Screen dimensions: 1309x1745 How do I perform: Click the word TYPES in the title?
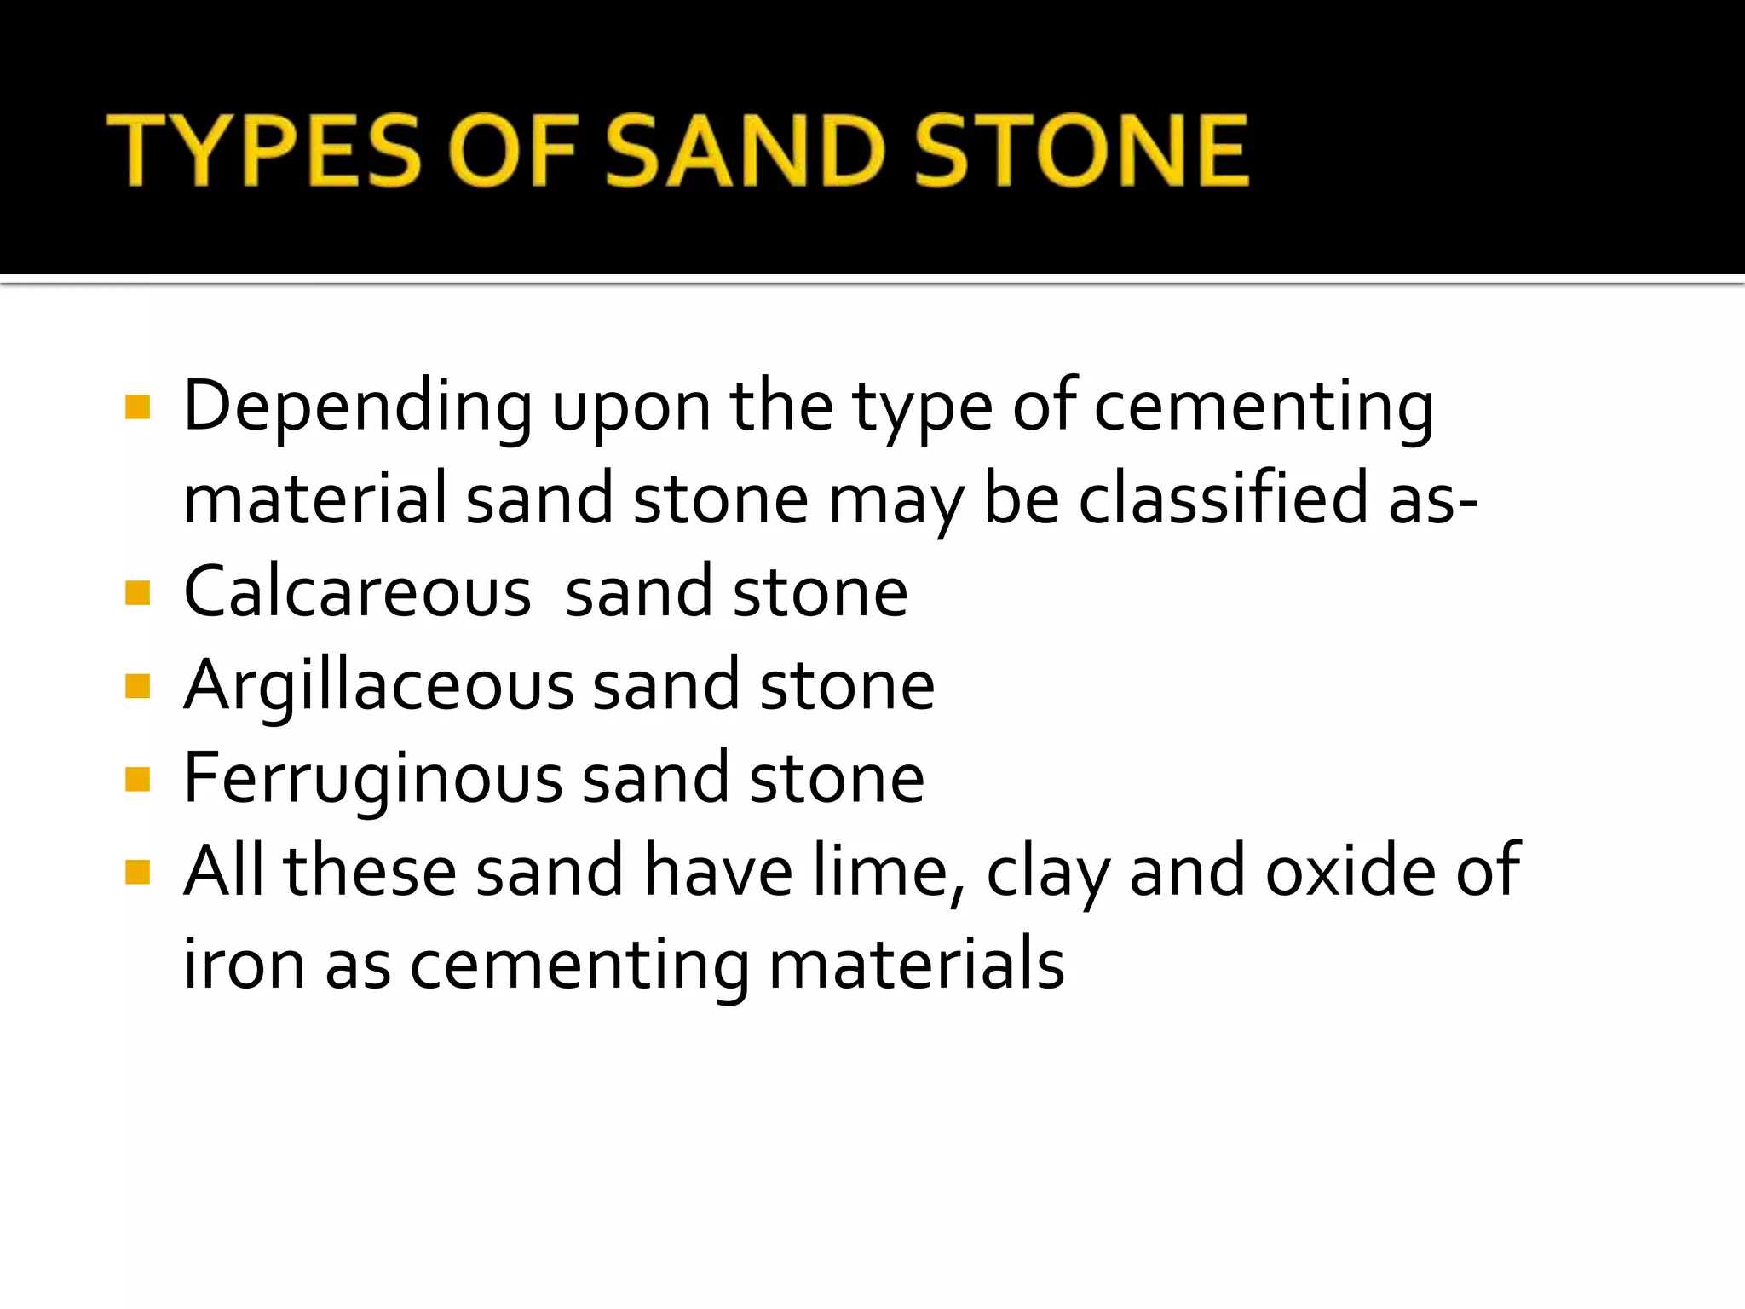point(263,151)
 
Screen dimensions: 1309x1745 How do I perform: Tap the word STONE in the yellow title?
point(1081,151)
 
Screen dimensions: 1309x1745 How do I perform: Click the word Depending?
point(358,407)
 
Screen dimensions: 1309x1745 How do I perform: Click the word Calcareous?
point(358,591)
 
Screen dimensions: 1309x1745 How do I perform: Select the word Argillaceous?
point(379,685)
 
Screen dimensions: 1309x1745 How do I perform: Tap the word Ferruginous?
point(373,778)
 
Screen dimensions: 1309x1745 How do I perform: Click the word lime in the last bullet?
point(887,871)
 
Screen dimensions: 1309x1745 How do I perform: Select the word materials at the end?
point(916,964)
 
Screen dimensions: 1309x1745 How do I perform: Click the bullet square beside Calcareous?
point(137,592)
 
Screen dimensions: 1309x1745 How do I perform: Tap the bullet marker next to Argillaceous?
point(137,686)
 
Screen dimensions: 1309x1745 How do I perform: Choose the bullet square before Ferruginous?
point(137,779)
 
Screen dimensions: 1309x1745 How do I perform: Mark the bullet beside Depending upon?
point(137,407)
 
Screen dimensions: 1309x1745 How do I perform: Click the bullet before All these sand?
point(137,872)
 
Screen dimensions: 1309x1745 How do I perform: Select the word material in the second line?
point(315,498)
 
